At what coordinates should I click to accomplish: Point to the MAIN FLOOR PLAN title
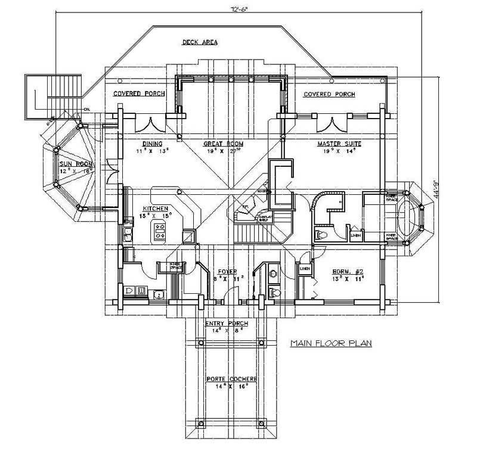click(323, 344)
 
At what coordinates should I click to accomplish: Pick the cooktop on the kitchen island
click(159, 231)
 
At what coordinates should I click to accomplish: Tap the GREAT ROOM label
click(221, 144)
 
